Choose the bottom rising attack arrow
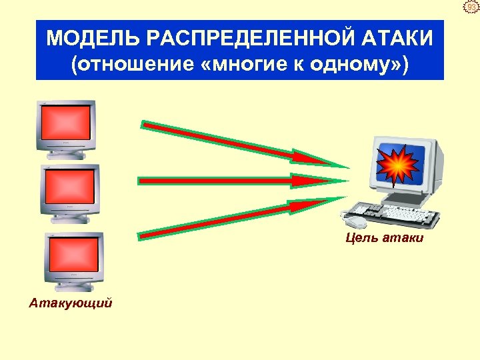(233, 217)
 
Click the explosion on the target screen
(397, 165)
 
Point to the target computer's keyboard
(400, 215)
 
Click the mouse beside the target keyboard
(354, 217)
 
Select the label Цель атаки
(385, 237)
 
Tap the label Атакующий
(71, 303)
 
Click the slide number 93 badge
(471, 7)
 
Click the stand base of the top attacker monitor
(67, 155)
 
